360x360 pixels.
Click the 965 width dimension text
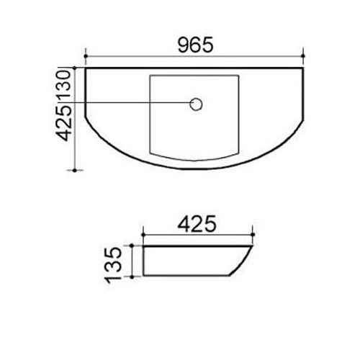tap(194, 45)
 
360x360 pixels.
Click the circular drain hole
tap(196, 104)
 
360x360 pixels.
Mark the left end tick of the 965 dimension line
tap(86, 55)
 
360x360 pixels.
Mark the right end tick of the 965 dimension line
tap(304, 55)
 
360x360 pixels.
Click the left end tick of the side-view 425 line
tap(144, 235)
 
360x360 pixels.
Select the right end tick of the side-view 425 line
tap(253, 235)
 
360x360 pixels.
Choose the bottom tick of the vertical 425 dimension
tap(76, 170)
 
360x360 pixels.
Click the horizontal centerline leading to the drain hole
tap(137, 104)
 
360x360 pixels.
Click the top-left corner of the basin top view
tap(86, 70)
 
